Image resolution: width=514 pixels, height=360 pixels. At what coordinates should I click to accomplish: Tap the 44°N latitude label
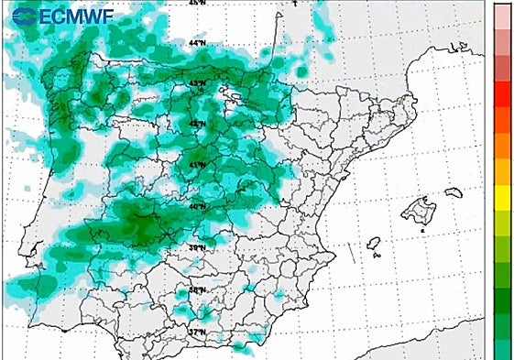click(197, 43)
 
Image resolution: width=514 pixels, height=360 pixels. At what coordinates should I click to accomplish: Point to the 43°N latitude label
click(197, 83)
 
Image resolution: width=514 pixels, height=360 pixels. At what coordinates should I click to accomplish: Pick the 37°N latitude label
click(197, 332)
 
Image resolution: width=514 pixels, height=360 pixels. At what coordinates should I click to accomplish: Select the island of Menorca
click(454, 192)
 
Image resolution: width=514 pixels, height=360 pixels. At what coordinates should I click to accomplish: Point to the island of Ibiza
click(374, 244)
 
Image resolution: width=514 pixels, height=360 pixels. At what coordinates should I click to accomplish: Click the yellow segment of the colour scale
click(502, 195)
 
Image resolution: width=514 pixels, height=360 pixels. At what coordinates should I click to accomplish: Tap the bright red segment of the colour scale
click(502, 93)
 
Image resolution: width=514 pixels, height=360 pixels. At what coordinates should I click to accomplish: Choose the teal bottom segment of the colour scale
click(502, 349)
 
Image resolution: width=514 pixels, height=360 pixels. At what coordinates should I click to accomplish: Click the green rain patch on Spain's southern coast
click(242, 347)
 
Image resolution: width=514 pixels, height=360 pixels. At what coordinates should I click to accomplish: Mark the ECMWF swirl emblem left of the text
click(25, 15)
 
